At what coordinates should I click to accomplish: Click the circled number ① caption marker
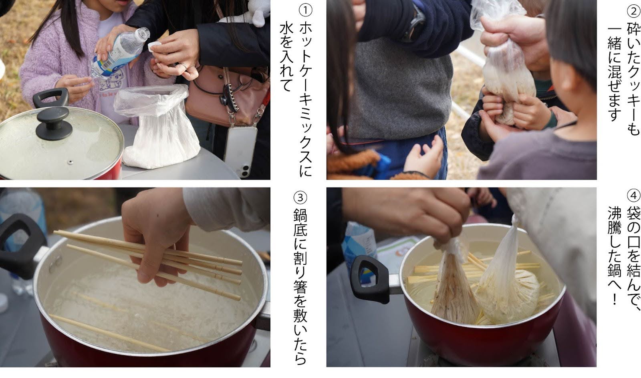coord(305,10)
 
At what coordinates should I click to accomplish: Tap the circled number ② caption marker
coord(633,12)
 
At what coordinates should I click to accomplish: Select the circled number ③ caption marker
coord(300,198)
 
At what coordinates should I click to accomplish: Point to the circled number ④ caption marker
coord(633,196)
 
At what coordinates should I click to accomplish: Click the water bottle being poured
coord(120,53)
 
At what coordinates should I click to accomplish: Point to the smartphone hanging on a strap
coord(240,152)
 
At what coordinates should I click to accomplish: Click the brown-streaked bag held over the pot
coord(454,286)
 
